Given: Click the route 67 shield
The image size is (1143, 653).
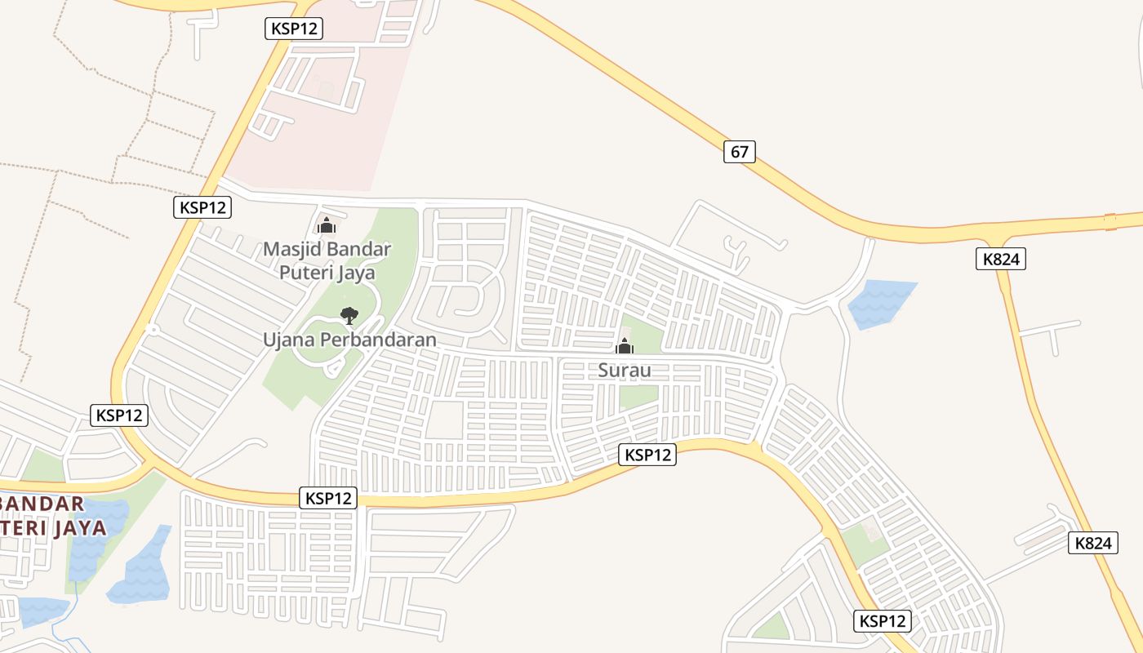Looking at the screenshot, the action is pos(739,152).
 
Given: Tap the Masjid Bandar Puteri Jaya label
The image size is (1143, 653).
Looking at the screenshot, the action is pos(327,260).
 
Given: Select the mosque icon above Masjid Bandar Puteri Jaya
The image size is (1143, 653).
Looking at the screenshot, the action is pos(327,225).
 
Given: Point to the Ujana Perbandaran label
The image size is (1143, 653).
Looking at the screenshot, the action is pos(349,339).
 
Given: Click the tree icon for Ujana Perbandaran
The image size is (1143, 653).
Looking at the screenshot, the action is pos(349,315).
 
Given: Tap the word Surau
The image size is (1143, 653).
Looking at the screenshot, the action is pos(625,371).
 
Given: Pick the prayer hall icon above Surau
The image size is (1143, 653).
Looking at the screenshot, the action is pos(625,346).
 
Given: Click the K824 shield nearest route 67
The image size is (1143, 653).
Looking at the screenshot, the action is pos(1000,260).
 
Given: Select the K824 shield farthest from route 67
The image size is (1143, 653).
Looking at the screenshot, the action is pos(1093,543).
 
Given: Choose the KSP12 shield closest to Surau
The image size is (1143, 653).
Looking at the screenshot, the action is pos(647,455).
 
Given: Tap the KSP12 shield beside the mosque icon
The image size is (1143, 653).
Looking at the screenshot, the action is pos(202,207).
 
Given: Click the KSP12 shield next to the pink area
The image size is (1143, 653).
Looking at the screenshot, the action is pos(294,29).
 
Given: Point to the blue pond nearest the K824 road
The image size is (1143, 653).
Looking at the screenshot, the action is pos(880,302).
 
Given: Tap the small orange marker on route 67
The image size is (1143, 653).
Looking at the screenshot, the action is pos(1110,221).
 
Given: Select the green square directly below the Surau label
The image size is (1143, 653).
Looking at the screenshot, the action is pos(638,397).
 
